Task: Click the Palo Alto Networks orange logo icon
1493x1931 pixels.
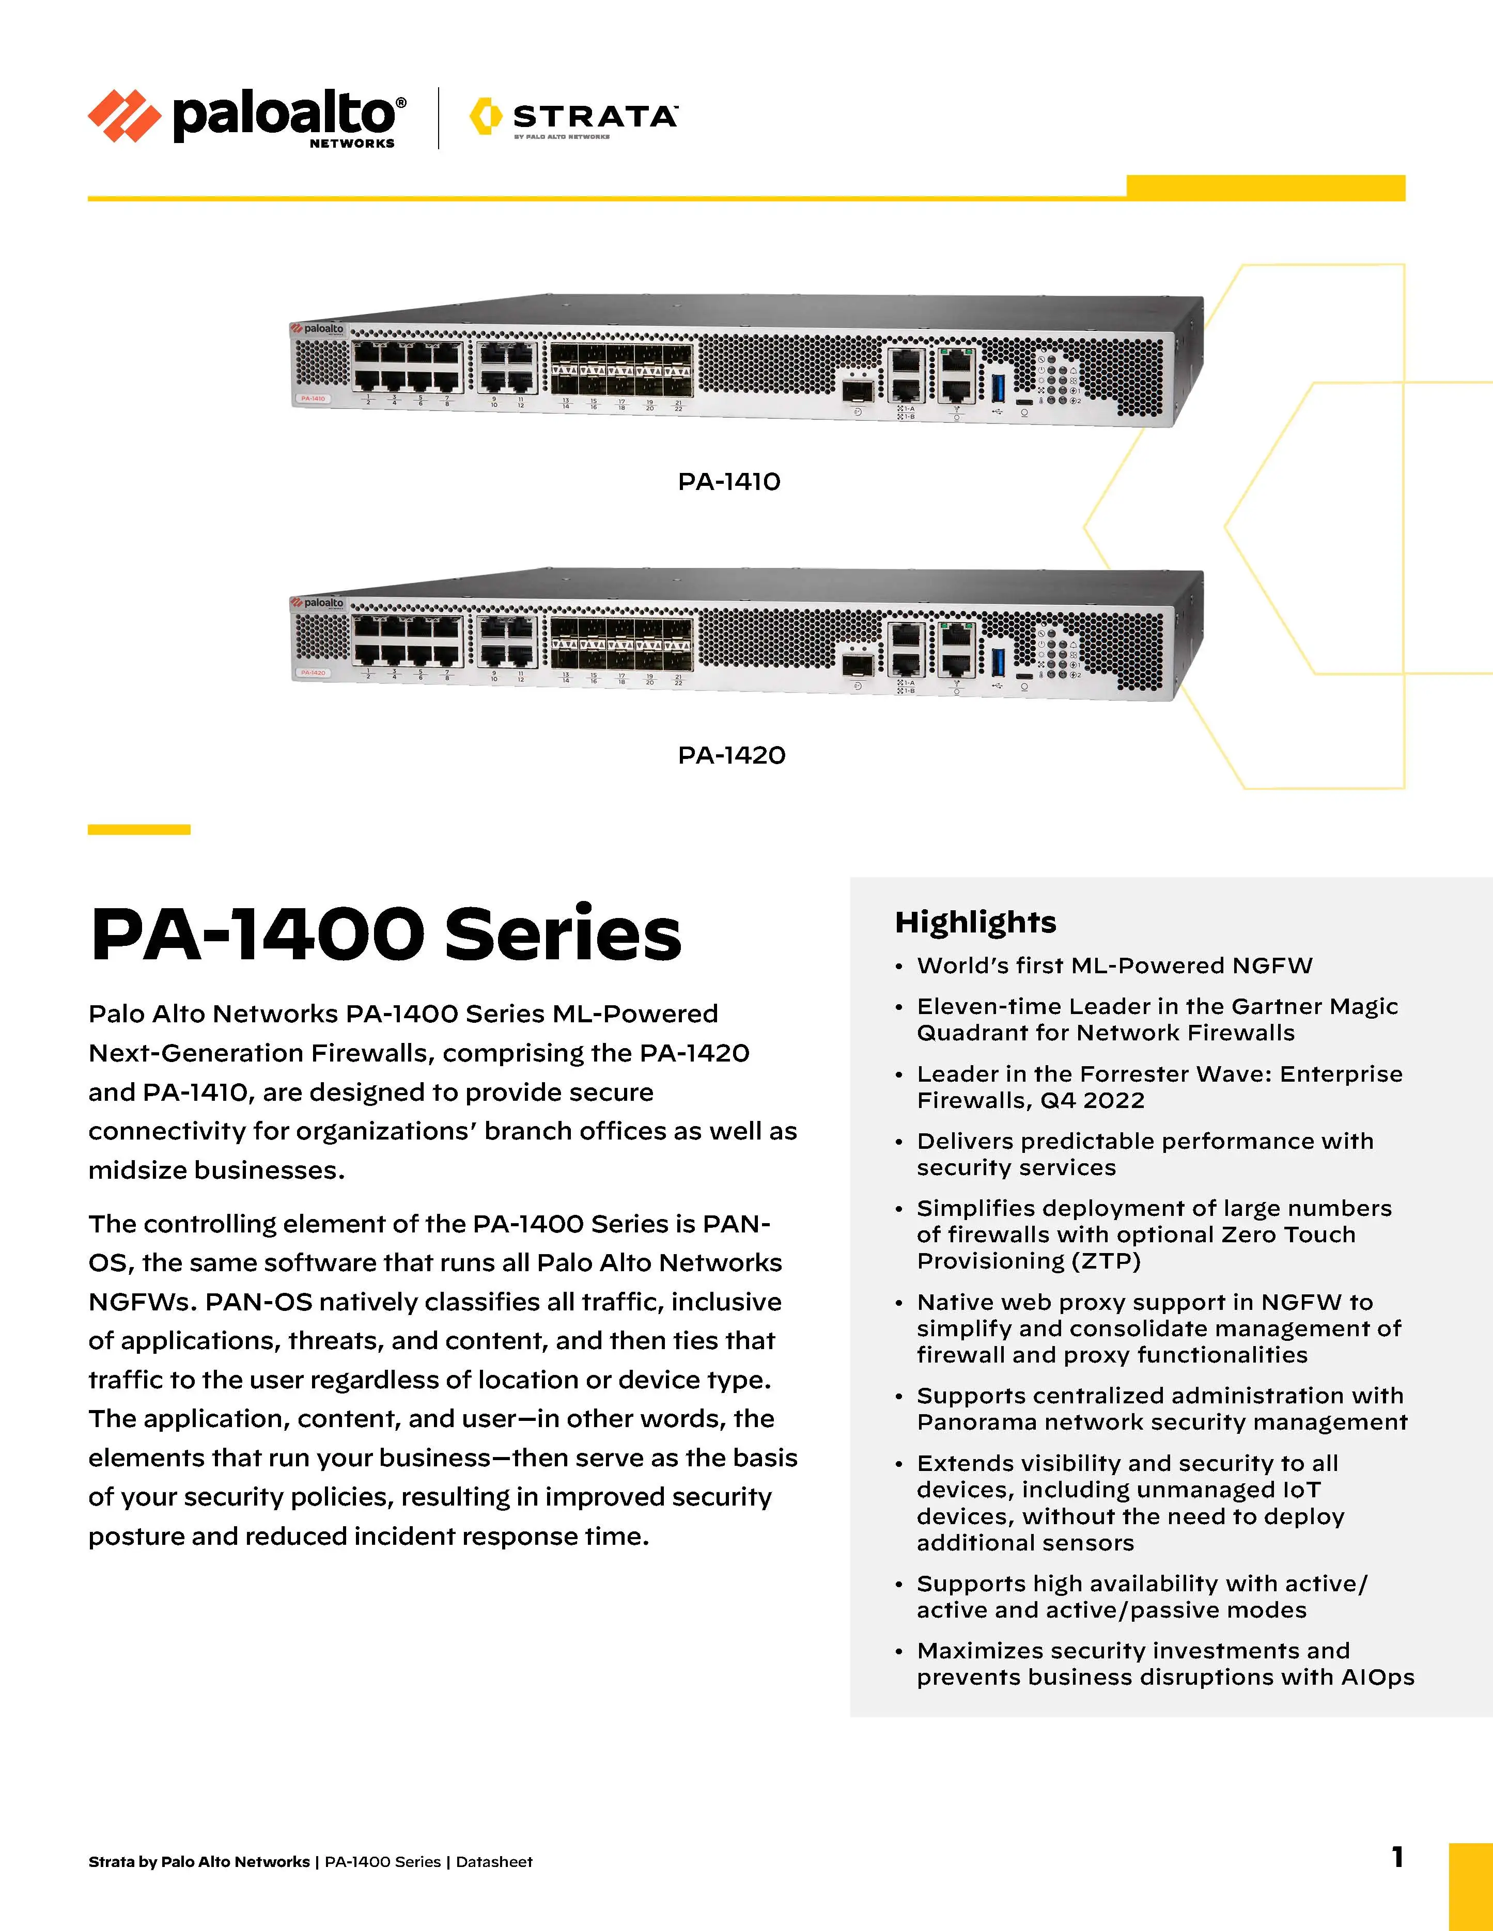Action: pos(124,116)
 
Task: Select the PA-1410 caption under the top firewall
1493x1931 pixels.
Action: pos(729,482)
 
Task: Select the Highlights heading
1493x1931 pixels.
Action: pos(975,922)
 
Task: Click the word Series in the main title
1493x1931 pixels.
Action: pos(563,935)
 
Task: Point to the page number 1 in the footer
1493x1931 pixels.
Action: pos(1397,1857)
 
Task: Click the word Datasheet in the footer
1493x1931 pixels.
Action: pos(494,1862)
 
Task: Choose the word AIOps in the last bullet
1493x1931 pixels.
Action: pos(1377,1677)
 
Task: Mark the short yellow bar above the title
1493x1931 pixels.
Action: pos(139,829)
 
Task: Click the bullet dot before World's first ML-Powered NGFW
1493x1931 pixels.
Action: pos(898,967)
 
